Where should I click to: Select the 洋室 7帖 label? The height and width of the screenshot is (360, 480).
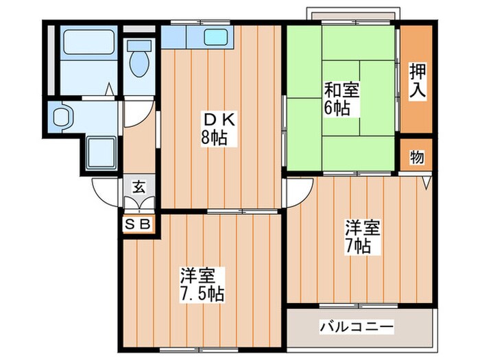pyautogui.click(x=359, y=237)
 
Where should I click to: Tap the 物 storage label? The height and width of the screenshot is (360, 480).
pyautogui.click(x=416, y=157)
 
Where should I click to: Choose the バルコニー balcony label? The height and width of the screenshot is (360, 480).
pyautogui.click(x=356, y=327)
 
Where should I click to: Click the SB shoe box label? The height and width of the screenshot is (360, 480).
pyautogui.click(x=139, y=224)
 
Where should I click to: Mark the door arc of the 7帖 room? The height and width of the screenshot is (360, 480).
pyautogui.click(x=300, y=193)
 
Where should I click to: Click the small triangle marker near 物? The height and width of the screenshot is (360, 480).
pyautogui.click(x=427, y=182)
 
